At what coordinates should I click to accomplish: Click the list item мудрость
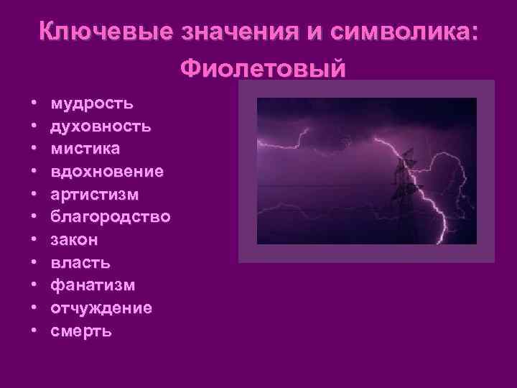tap(91, 104)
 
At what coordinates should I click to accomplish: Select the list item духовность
tap(101, 126)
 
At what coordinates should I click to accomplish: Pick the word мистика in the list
tap(85, 149)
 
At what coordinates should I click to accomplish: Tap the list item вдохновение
tap(107, 172)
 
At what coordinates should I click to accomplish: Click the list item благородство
tap(111, 217)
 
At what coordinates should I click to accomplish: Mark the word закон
tap(75, 240)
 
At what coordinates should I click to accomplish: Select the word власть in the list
tap(80, 263)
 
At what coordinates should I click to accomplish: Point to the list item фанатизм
tap(92, 286)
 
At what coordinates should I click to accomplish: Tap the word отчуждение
tap(101, 309)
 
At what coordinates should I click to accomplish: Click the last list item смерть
tap(81, 332)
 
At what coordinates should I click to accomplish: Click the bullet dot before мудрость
tap(34, 105)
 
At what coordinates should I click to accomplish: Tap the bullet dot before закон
tap(34, 241)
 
